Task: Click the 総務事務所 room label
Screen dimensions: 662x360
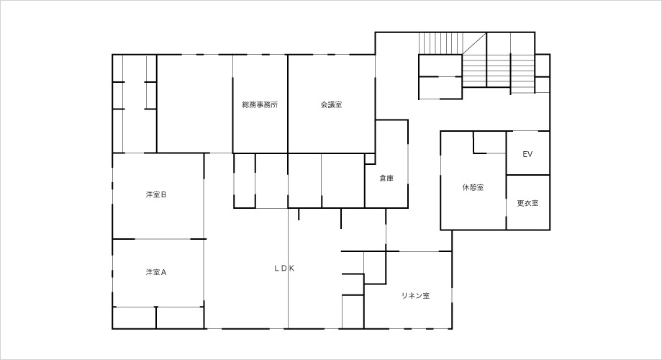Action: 260,105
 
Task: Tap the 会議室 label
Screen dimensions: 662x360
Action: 332,105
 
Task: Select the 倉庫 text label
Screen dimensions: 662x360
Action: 386,179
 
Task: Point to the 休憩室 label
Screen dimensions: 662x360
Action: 473,187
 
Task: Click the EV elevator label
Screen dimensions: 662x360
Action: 527,154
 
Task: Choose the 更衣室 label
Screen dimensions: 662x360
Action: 527,203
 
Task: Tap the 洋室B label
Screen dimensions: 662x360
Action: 156,195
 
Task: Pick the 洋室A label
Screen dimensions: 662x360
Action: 156,272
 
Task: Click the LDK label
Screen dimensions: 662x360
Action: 284,268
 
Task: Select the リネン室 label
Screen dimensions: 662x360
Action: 416,296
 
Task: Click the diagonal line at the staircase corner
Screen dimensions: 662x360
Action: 474,43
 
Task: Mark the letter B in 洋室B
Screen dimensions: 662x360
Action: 163,195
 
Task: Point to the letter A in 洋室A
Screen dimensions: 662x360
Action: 163,272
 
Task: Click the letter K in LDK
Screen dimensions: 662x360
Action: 291,268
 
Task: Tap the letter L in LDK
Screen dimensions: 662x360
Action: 276,268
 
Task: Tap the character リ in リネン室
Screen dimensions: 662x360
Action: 404,296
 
